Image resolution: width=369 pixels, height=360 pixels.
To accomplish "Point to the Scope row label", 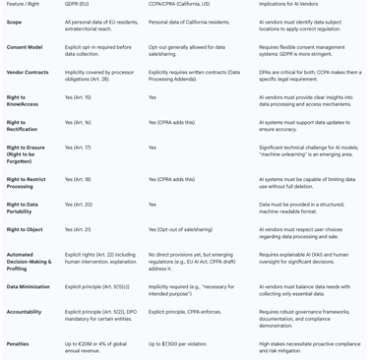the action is click(15, 21).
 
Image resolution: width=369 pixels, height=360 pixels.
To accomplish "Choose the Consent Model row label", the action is click(25, 46).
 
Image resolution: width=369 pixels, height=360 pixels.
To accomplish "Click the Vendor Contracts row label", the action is click(28, 72).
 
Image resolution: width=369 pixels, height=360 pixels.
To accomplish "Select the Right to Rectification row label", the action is click(22, 126).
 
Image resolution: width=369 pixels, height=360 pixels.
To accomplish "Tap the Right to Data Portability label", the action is click(23, 208).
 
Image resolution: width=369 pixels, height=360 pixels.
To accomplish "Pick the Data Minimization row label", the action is click(29, 287).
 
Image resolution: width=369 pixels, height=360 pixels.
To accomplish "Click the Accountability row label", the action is click(25, 312).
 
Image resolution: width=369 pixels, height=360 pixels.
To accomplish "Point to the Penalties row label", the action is click(18, 344).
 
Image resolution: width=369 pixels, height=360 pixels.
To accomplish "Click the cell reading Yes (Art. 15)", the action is click(78, 97).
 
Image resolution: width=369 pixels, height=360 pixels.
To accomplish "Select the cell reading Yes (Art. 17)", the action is click(78, 148).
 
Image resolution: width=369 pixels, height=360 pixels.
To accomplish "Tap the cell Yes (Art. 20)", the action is click(78, 205).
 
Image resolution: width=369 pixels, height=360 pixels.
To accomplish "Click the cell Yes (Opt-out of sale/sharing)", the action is click(180, 229).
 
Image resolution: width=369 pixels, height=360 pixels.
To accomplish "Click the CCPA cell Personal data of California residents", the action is click(189, 21).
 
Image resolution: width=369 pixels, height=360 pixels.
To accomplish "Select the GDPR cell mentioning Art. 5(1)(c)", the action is click(97, 287).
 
